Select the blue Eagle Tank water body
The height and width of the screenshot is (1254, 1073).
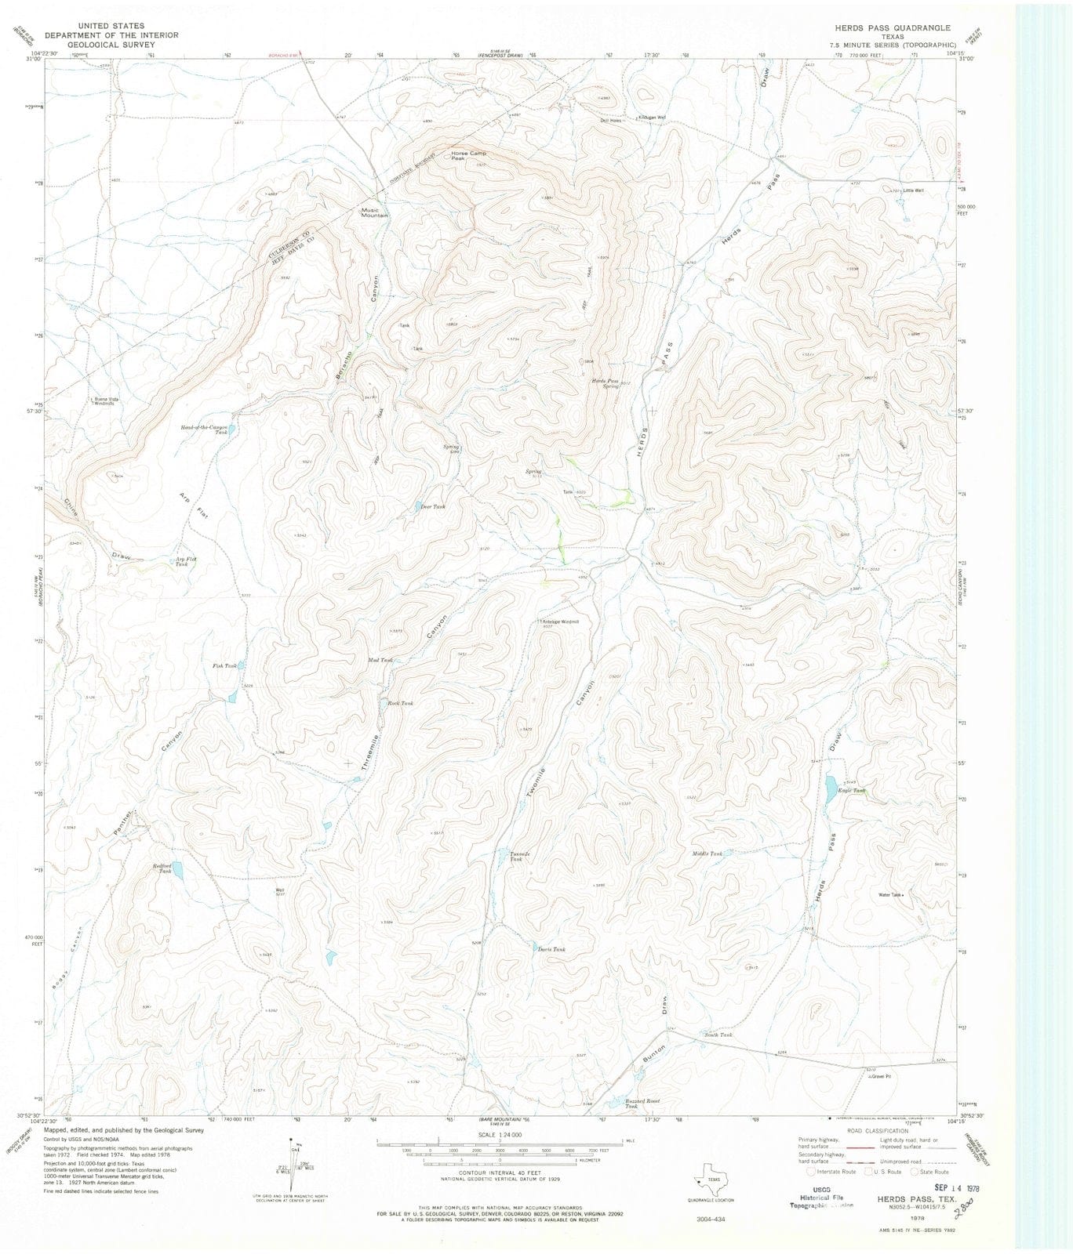(830, 788)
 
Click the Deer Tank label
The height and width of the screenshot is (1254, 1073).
(433, 506)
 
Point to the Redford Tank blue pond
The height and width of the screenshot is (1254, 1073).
(178, 870)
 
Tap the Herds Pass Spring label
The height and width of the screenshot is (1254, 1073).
(605, 384)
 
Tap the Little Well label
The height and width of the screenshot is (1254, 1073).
(913, 190)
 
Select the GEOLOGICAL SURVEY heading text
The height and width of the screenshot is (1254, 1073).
(112, 45)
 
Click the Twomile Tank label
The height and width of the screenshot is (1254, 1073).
(515, 857)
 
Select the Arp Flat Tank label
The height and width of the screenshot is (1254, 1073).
(181, 561)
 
